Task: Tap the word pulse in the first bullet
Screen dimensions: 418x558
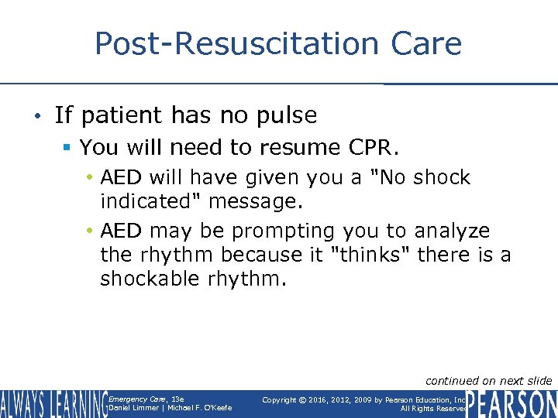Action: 288,115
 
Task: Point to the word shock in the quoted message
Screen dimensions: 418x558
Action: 441,177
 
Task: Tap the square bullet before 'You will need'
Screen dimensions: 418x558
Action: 69,147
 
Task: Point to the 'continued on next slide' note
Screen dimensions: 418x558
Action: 489,380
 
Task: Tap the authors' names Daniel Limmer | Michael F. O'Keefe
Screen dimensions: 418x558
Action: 170,408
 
